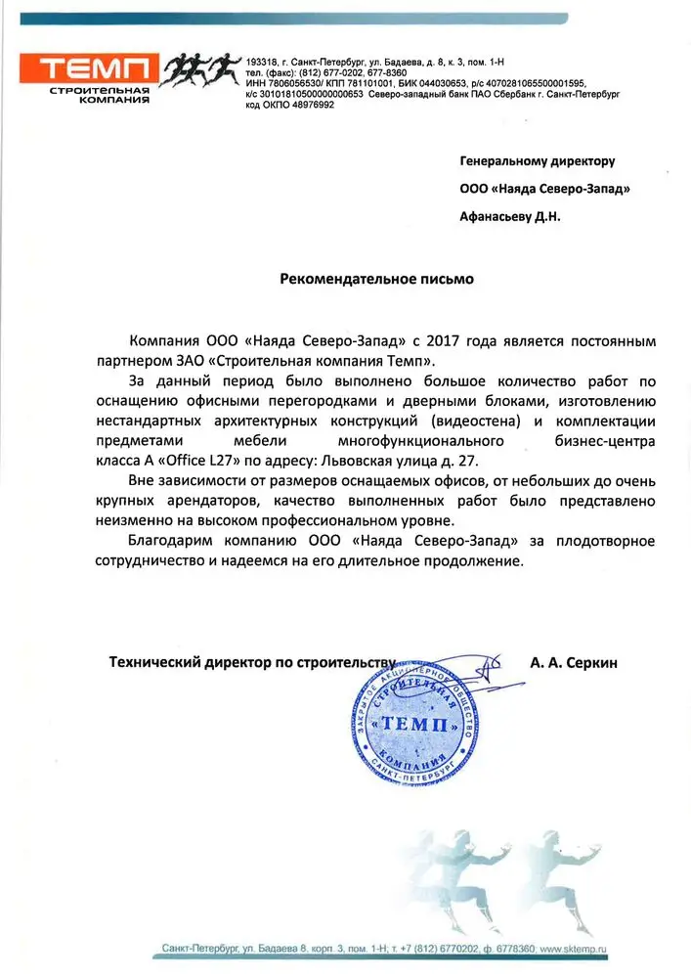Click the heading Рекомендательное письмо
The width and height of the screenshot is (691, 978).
[376, 279]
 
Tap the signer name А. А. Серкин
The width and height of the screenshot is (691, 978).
[574, 662]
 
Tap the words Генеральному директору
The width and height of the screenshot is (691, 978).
[537, 160]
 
